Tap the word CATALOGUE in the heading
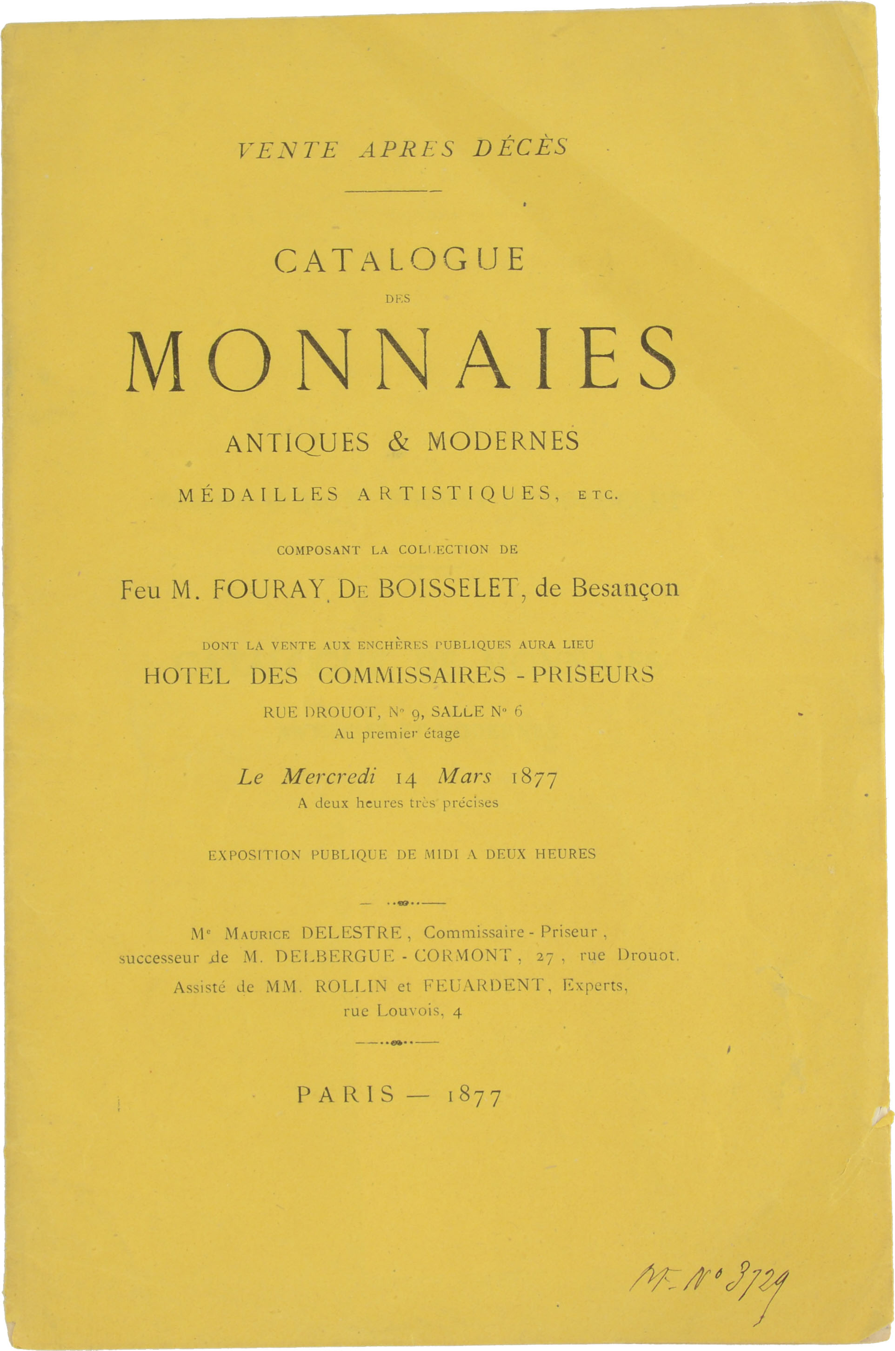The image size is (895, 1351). point(399,260)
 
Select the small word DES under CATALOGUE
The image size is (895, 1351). point(398,299)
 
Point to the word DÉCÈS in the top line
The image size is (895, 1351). point(520,148)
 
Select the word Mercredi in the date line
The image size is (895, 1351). point(329,777)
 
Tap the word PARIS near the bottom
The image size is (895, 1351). point(345,1094)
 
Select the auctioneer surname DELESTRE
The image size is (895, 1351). point(352,933)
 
